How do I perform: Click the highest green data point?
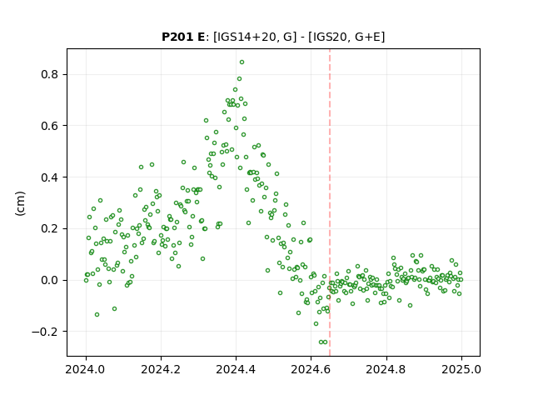[x=242, y=62]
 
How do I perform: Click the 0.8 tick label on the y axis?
[x=49, y=74]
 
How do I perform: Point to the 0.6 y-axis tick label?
[x=49, y=126]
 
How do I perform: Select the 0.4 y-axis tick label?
[x=49, y=177]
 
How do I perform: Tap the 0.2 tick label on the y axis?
[x=49, y=228]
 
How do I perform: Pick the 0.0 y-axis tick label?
[x=49, y=280]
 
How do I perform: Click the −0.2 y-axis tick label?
[x=45, y=332]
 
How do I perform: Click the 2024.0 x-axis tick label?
[x=86, y=369]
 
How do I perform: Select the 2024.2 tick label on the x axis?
[x=161, y=369]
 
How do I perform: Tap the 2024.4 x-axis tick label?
[x=236, y=369]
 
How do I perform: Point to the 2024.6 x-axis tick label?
[x=311, y=369]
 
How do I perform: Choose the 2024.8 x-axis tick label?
[x=386, y=369]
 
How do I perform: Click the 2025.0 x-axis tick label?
[x=461, y=369]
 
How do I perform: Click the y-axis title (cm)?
[x=20, y=203]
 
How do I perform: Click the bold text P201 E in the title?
[x=183, y=37]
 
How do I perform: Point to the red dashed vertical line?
[x=330, y=202]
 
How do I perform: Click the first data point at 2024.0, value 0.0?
[x=86, y=280]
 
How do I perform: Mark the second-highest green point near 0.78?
[x=239, y=79]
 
